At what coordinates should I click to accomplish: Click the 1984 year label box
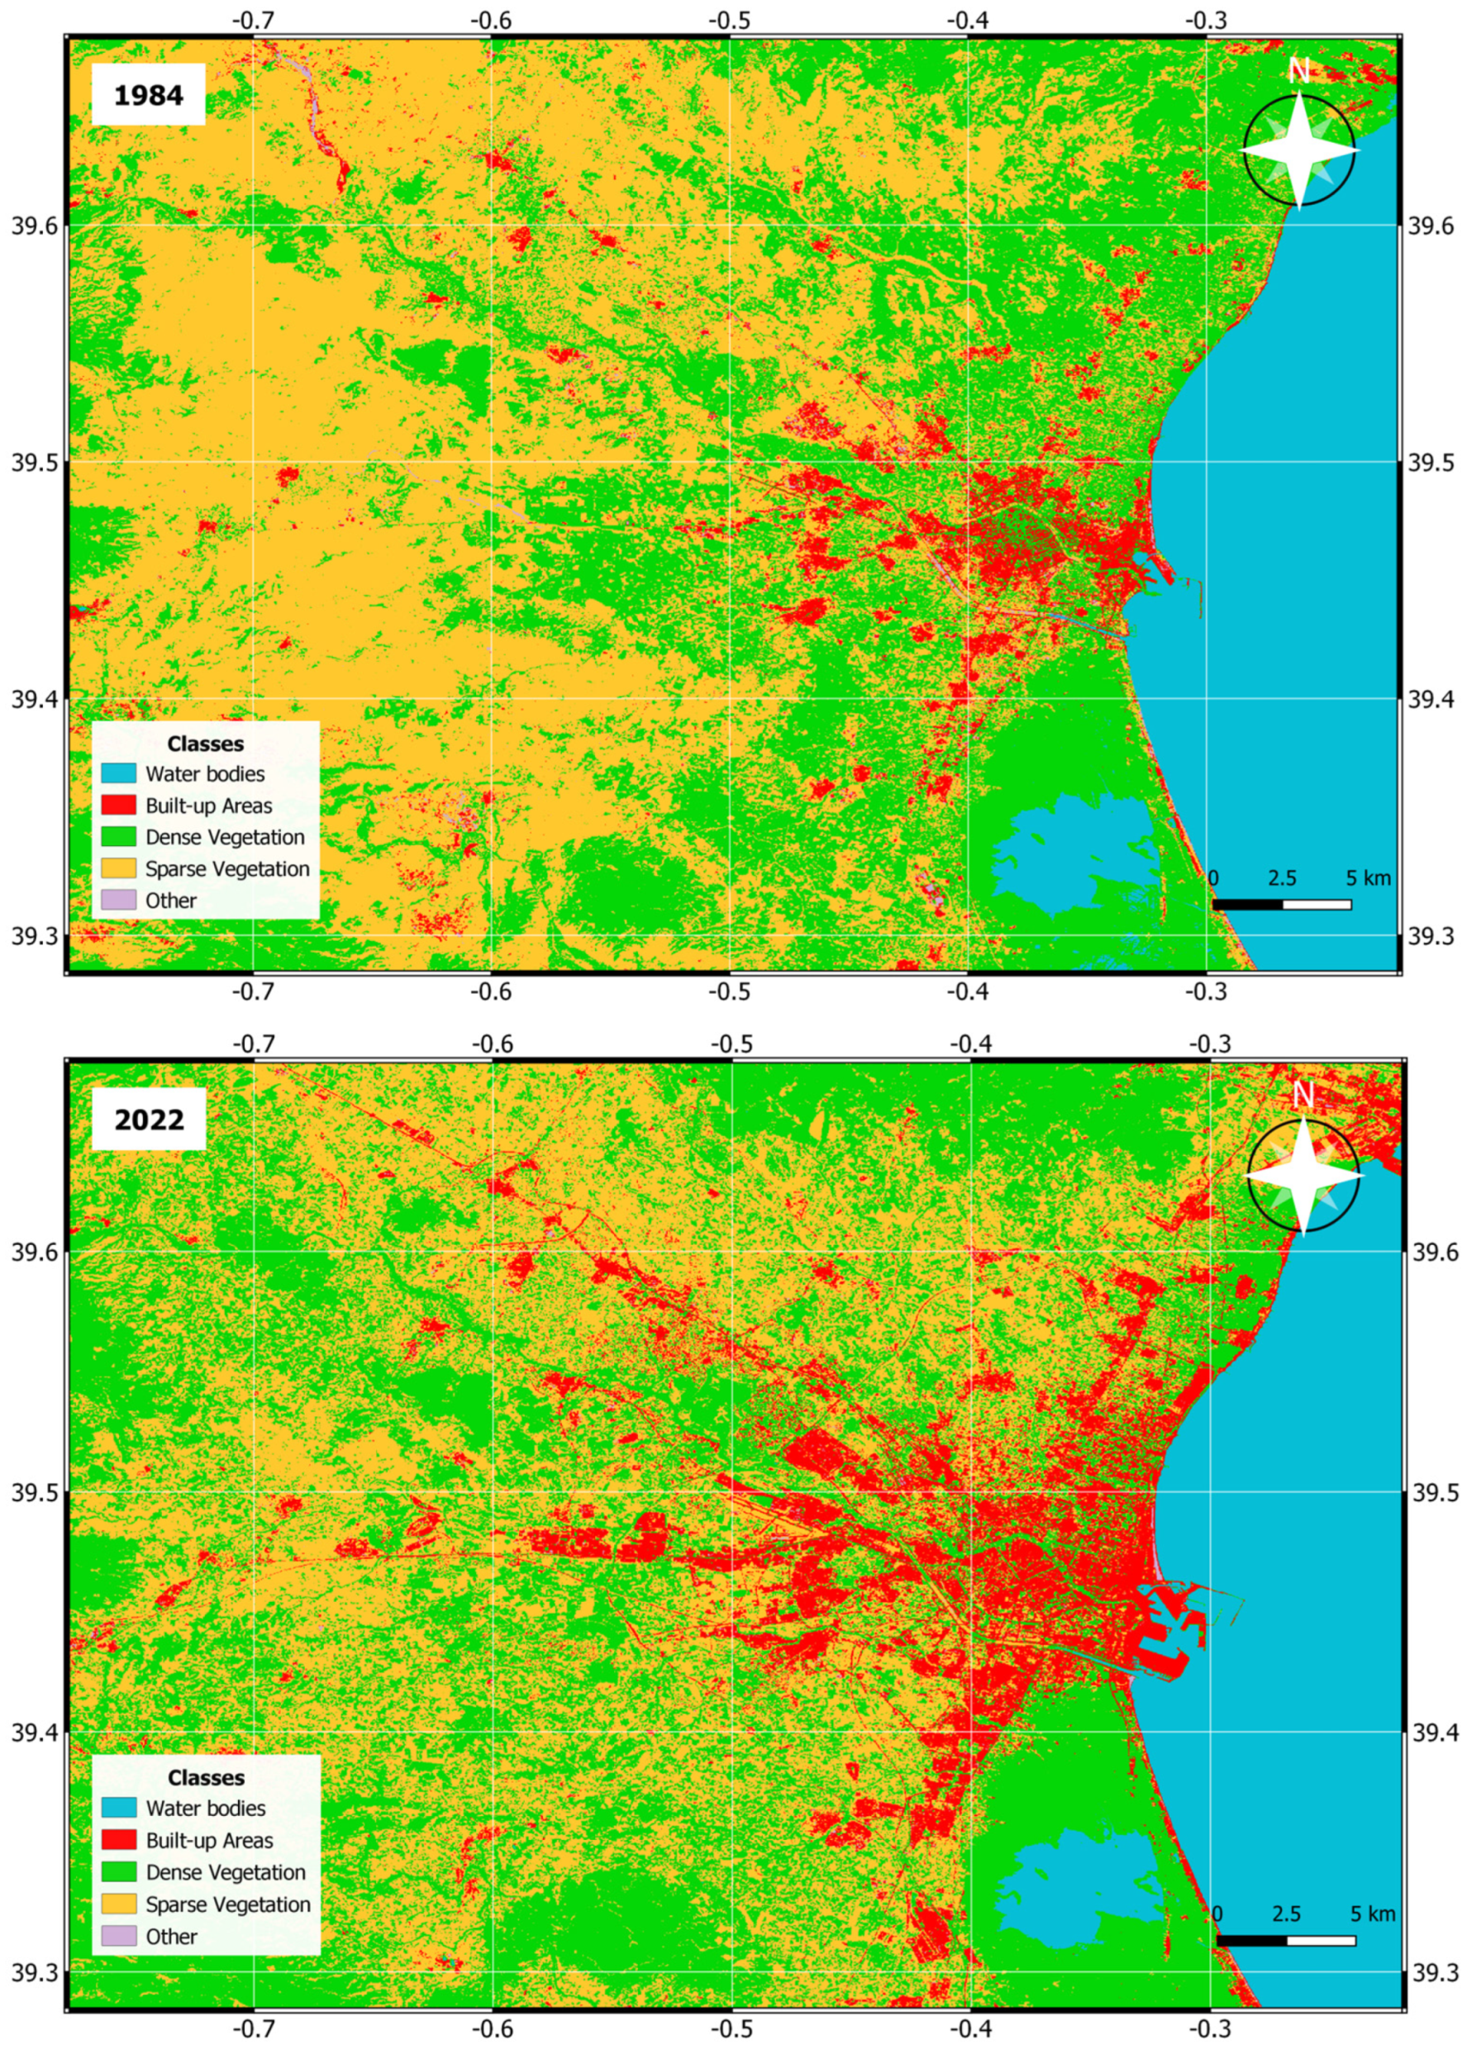point(148,95)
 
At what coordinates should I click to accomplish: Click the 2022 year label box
point(149,1120)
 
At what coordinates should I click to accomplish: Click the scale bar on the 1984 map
point(1281,905)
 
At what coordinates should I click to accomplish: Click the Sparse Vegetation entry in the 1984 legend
point(226,868)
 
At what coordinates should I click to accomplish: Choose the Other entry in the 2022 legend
point(171,1936)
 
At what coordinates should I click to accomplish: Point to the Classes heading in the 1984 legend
point(205,744)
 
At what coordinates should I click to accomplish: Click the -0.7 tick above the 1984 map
point(254,20)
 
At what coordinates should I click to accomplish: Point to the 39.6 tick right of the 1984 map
point(1432,226)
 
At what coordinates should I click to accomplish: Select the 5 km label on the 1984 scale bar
point(1369,878)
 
